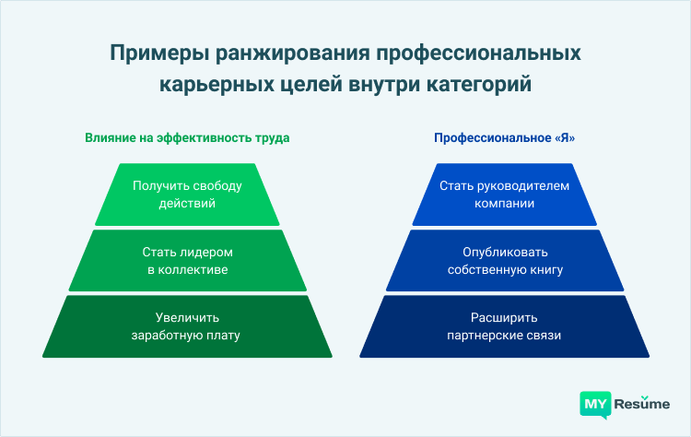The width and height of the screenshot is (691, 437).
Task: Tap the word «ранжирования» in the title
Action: [279, 53]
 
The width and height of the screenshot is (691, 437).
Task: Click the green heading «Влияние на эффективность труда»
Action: [187, 138]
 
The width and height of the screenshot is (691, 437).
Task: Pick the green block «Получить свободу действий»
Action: [187, 195]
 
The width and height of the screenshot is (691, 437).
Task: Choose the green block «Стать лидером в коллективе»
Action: [187, 260]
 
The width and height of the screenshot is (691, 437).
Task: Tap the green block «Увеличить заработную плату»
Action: [187, 325]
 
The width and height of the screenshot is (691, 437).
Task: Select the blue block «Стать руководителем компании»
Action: [504, 195]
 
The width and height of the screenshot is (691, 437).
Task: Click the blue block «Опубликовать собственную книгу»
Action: [504, 260]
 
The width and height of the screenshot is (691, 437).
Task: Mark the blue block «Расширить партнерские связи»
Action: [504, 325]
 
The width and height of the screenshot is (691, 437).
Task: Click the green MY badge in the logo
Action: [595, 403]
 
